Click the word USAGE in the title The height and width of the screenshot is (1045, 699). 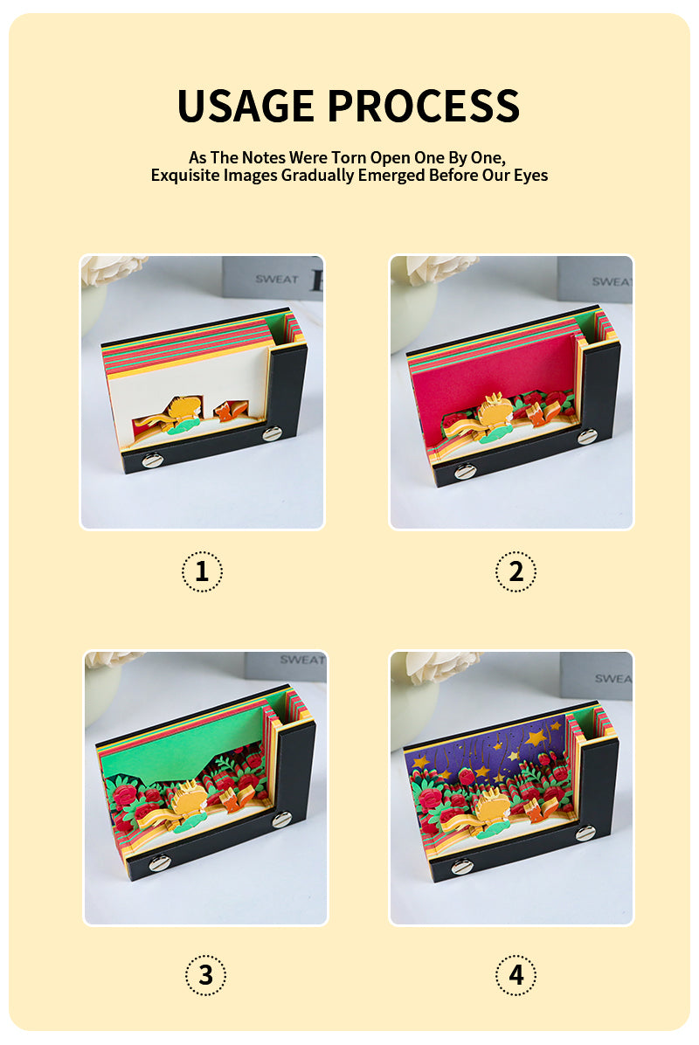pyautogui.click(x=246, y=106)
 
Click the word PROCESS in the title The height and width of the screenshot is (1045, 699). pyautogui.click(x=423, y=106)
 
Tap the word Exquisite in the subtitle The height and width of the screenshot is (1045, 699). pyautogui.click(x=184, y=176)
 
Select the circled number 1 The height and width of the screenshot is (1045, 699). pyautogui.click(x=202, y=571)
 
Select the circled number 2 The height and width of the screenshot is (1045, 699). pyautogui.click(x=516, y=571)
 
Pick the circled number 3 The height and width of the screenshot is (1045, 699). pyautogui.click(x=206, y=975)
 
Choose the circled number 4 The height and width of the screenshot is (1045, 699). pyautogui.click(x=516, y=975)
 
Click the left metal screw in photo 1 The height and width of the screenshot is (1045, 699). pyautogui.click(x=153, y=460)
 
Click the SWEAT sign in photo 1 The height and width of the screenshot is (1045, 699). pyautogui.click(x=276, y=280)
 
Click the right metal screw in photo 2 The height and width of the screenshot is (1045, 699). pyautogui.click(x=586, y=437)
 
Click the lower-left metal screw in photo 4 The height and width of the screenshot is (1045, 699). pyautogui.click(x=462, y=867)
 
